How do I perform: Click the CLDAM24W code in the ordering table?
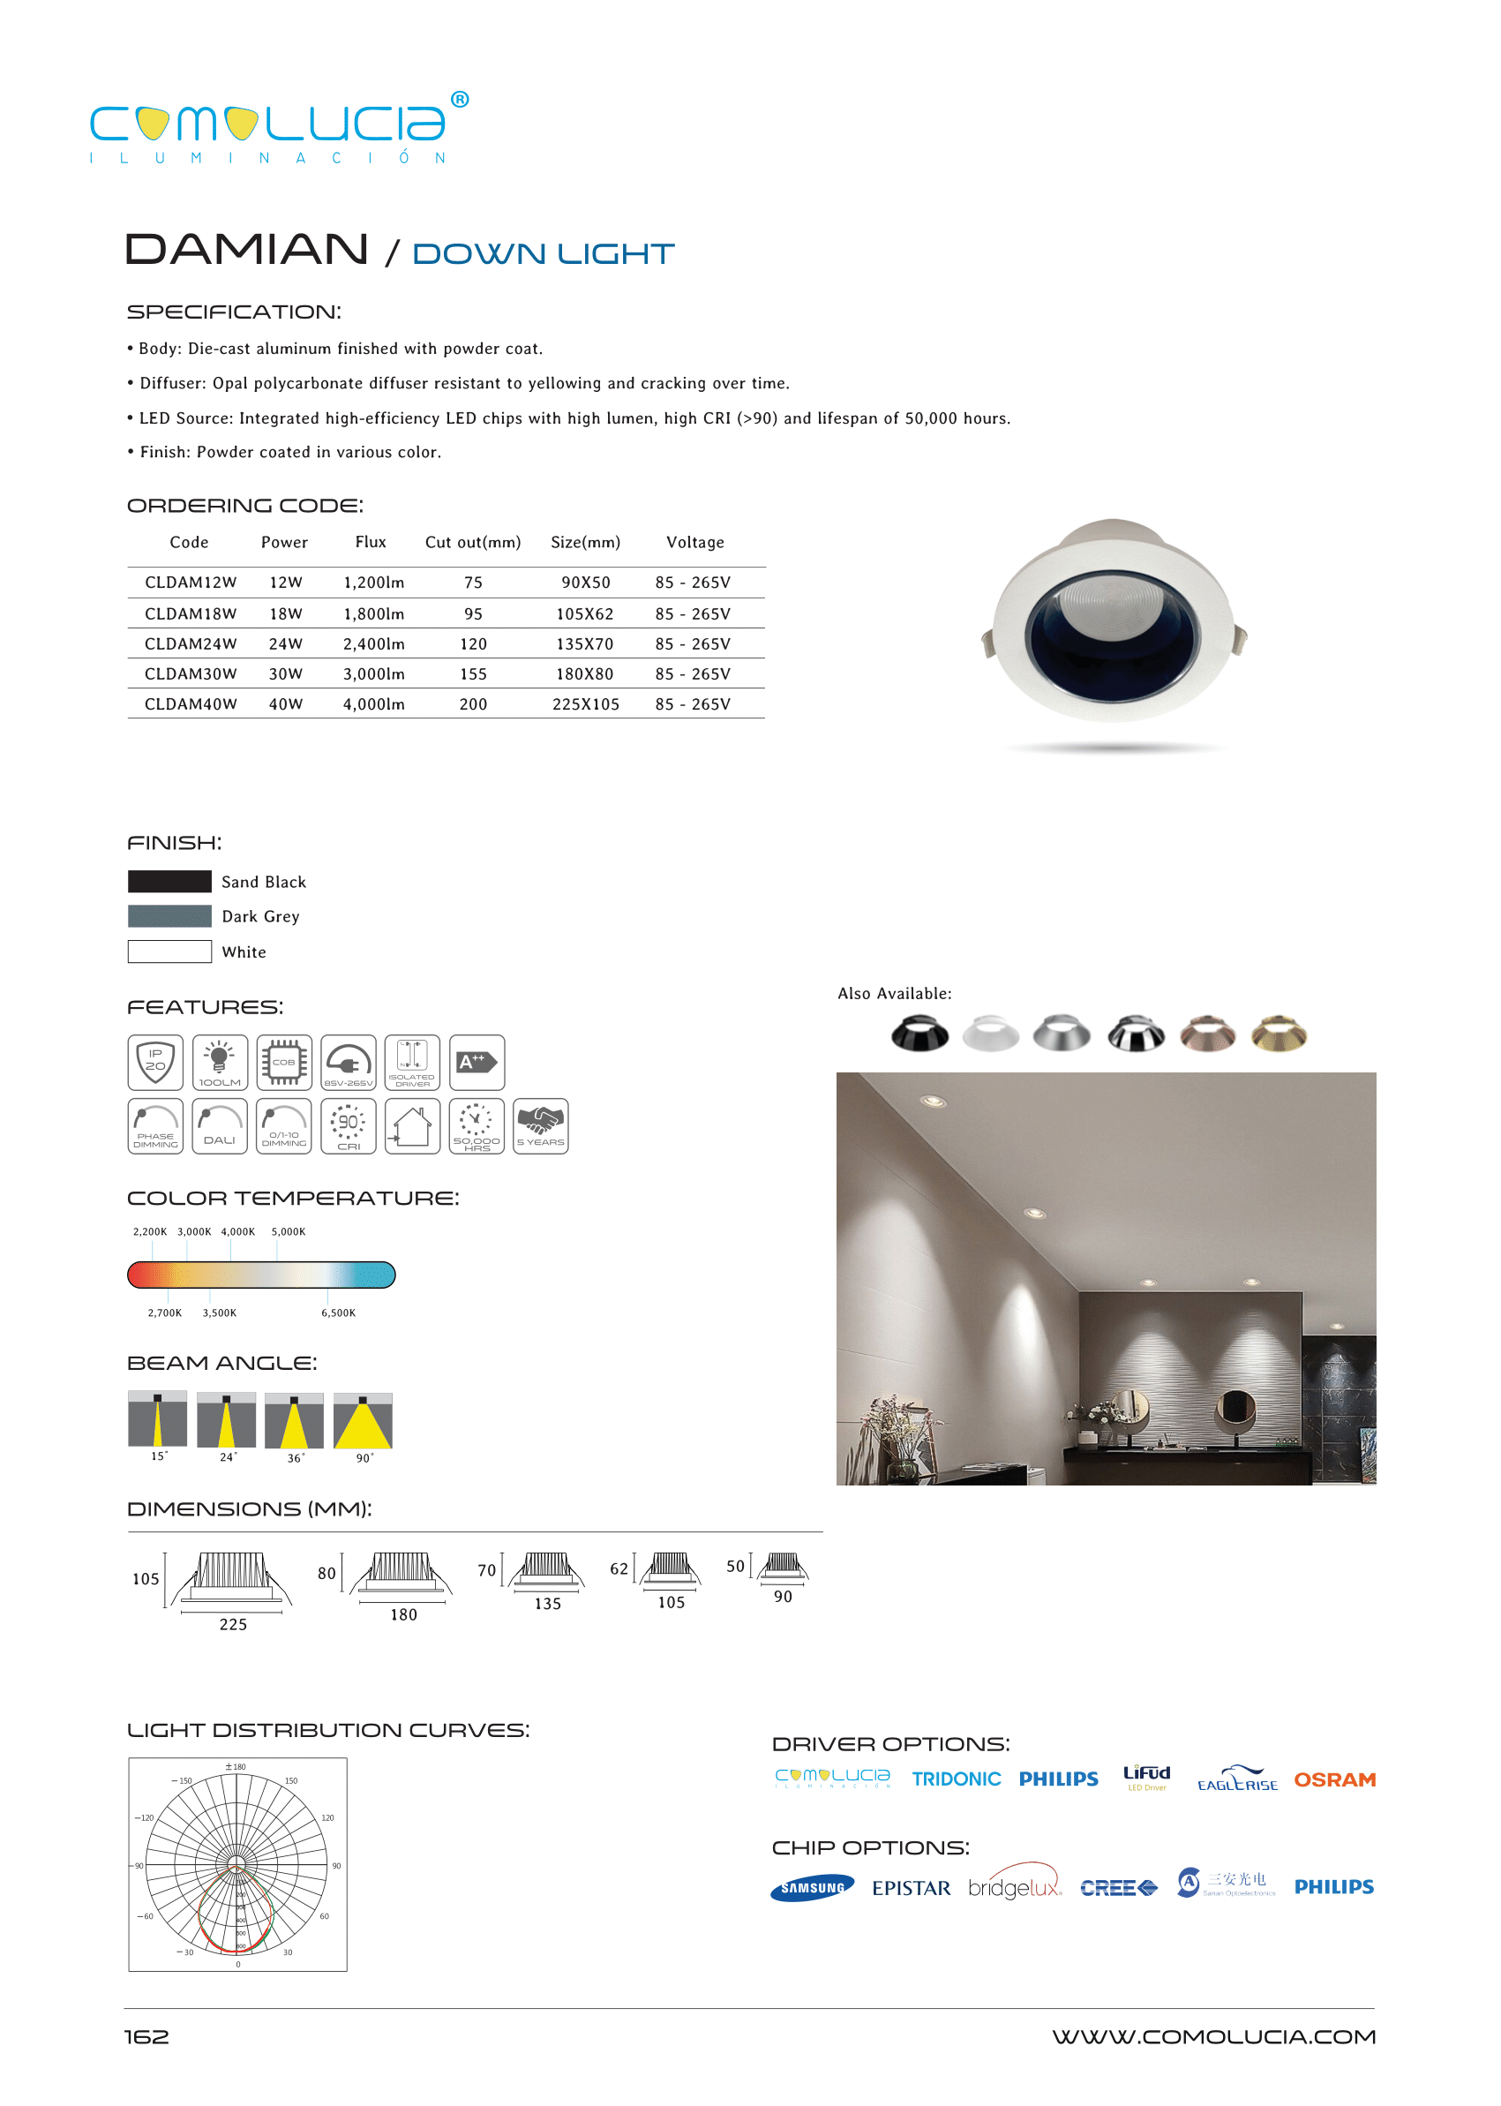(x=191, y=643)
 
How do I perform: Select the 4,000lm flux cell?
(x=373, y=703)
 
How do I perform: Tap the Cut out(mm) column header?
(x=472, y=542)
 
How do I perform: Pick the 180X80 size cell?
(x=584, y=674)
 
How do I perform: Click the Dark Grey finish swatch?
(x=169, y=916)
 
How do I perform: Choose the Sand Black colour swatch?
(x=169, y=881)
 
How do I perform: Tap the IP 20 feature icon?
(x=155, y=1062)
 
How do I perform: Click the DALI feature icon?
(x=220, y=1126)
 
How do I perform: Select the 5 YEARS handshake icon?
(x=541, y=1126)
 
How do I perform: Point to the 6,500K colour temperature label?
(x=338, y=1312)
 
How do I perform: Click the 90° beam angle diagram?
(x=363, y=1420)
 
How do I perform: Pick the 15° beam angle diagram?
(x=157, y=1420)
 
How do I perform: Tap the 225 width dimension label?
(x=233, y=1624)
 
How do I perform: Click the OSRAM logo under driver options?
(x=1333, y=1779)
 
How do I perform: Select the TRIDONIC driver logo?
(x=956, y=1779)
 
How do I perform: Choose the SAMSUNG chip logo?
(x=812, y=1888)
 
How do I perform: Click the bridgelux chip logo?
(x=1014, y=1887)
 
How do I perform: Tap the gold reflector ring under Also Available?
(x=1279, y=1034)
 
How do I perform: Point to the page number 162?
(x=147, y=2036)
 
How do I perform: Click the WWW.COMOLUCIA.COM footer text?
(x=1212, y=2036)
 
